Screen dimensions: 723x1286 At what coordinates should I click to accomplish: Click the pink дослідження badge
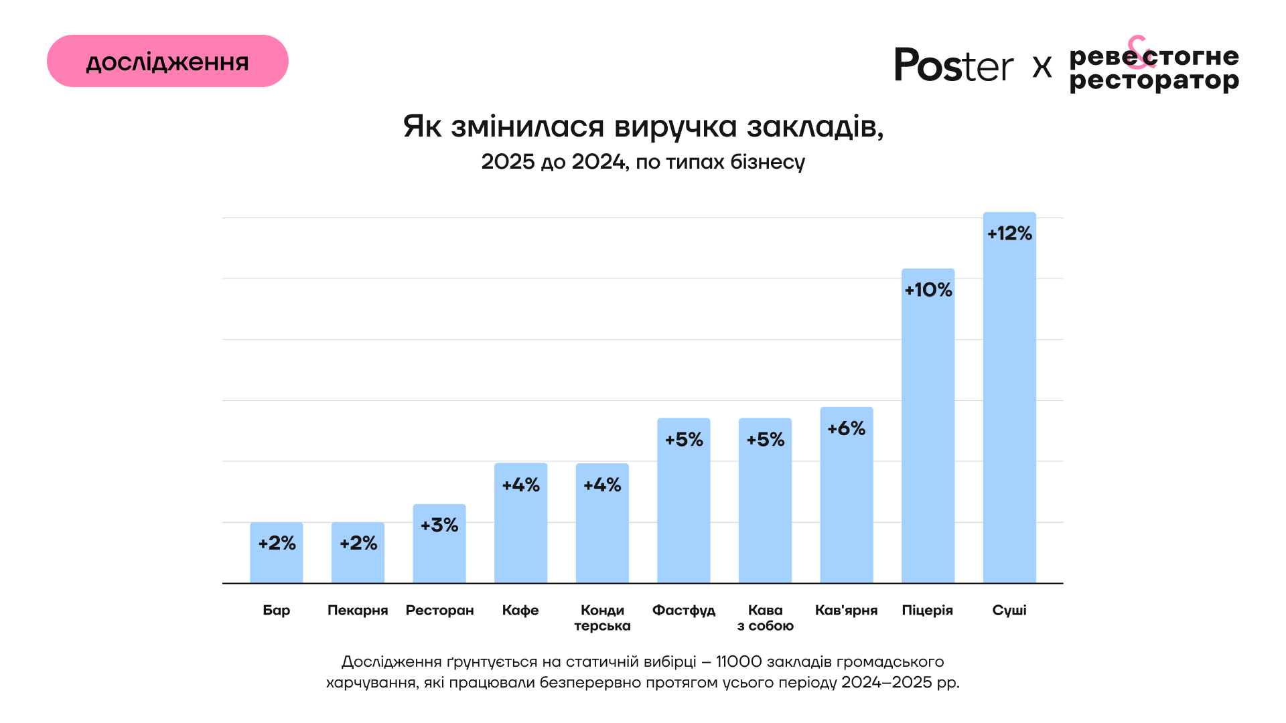167,61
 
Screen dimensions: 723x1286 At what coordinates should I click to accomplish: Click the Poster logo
954,66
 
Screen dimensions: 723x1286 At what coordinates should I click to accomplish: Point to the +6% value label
847,428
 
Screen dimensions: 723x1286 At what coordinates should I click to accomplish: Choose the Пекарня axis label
358,611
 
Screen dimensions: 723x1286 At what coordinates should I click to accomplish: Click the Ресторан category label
439,611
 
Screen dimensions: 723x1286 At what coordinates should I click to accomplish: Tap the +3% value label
439,525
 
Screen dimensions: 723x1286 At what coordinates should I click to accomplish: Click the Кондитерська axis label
602,618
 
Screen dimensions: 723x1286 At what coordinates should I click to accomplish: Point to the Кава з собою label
766,618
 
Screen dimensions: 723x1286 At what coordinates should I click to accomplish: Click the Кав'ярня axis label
846,611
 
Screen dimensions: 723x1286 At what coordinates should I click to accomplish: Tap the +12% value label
1009,234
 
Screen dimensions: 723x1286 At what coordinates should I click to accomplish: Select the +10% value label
928,290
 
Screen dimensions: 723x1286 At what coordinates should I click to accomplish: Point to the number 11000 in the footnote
739,662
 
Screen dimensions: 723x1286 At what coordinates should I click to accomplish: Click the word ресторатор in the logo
1154,81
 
